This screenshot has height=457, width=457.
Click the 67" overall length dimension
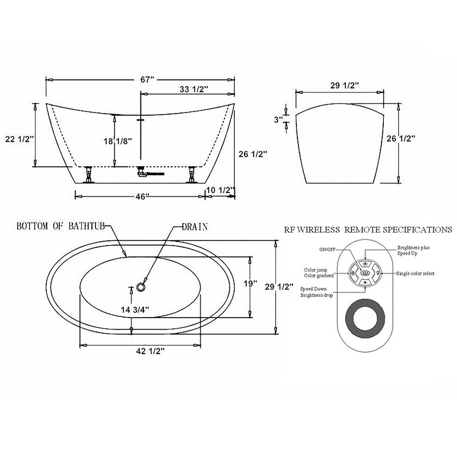147,80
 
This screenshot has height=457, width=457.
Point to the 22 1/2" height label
19,139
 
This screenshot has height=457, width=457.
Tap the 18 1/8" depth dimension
116,141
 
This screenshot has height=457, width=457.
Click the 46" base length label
140,197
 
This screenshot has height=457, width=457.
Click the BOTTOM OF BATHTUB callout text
61,226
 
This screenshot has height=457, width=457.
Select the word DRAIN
194,226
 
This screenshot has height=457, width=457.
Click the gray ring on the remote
365,315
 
